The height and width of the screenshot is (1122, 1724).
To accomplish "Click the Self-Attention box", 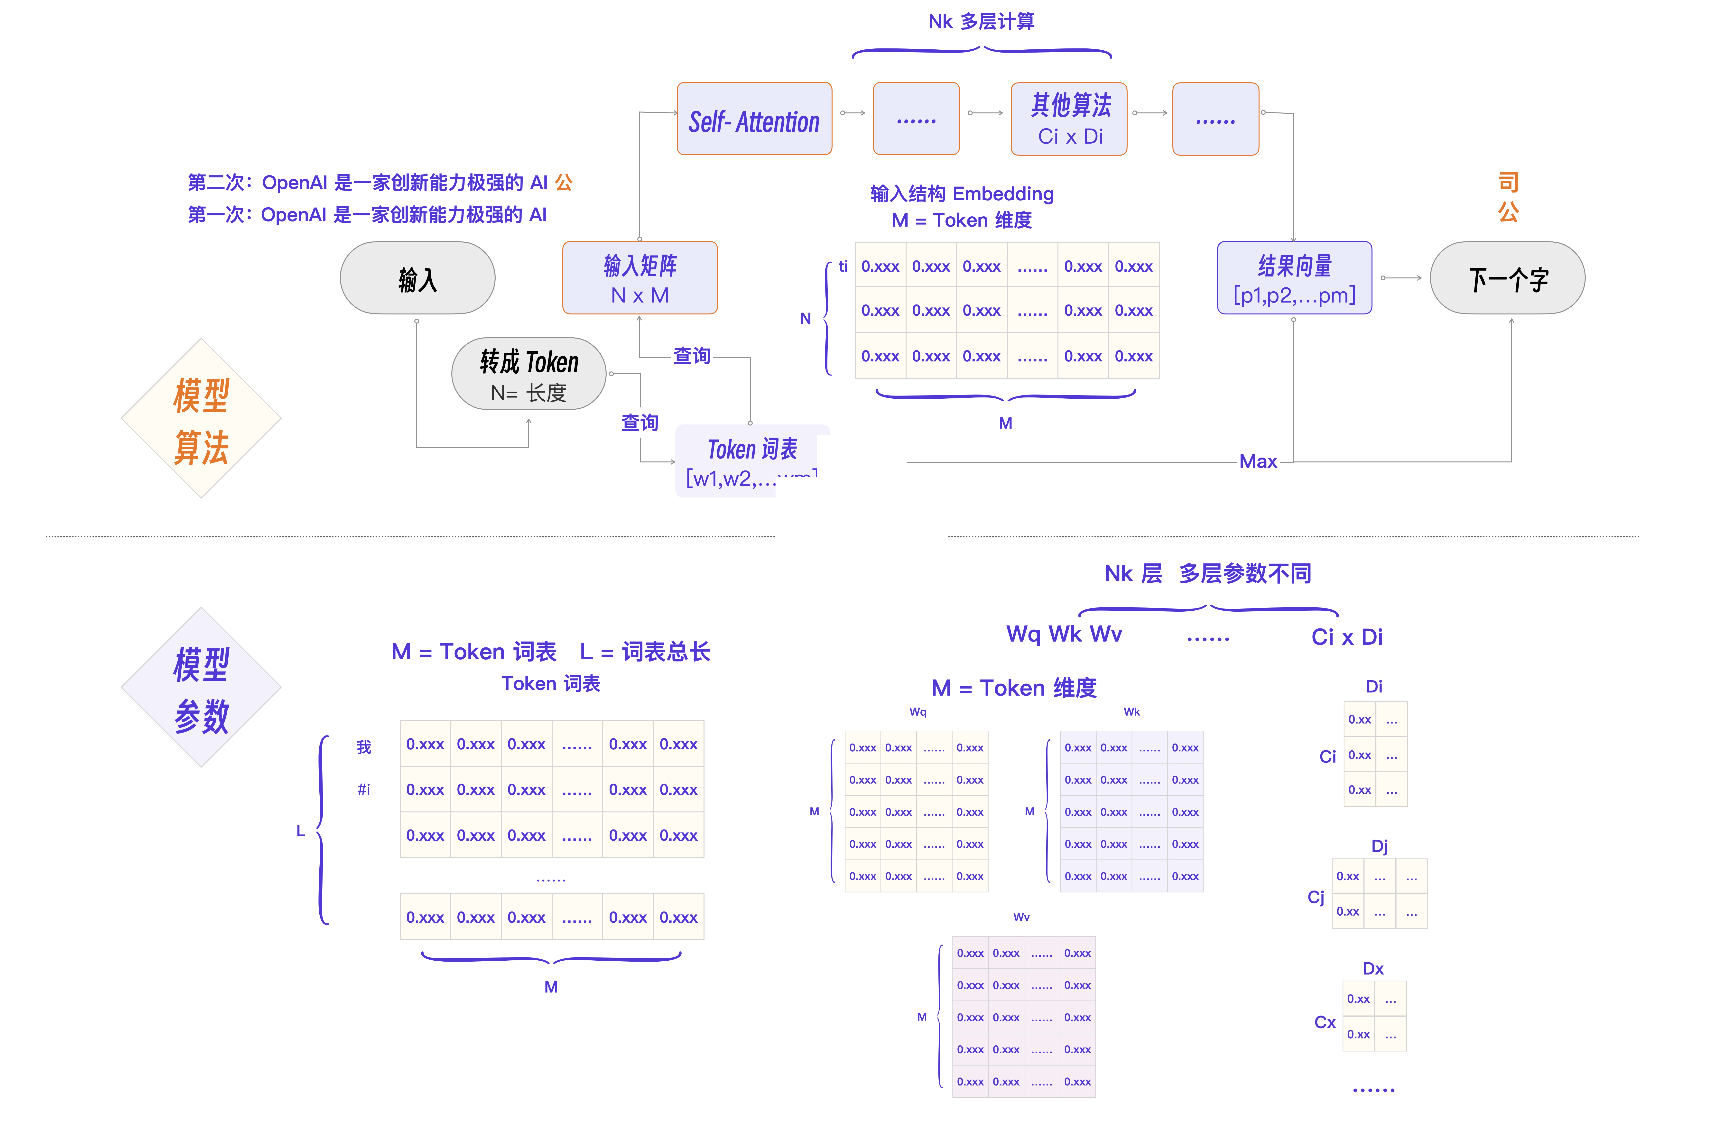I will pos(754,119).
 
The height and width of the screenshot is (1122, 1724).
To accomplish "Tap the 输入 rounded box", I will pos(417,278).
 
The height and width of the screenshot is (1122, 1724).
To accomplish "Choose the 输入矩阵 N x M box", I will pos(640,278).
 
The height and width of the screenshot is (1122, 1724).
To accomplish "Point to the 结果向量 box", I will pos(1294,278).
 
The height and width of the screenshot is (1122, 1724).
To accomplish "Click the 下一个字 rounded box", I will pos(1507,278).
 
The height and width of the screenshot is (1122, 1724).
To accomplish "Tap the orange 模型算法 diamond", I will pos(201,419).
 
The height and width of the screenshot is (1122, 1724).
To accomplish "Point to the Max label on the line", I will pos(1258,461).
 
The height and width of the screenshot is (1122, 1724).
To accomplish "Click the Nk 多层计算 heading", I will pos(982,22).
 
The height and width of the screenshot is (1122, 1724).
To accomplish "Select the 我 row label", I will pos(364,747).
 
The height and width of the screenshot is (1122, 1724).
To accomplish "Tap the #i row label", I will pos(364,790).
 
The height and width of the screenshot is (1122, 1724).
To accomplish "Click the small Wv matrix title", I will pos(1021,917).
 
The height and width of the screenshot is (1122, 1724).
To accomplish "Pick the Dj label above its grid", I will pos(1379,846).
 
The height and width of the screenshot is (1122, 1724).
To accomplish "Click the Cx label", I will pos(1325,1022).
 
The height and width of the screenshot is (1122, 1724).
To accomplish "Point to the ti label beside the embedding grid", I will pos(843,267).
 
